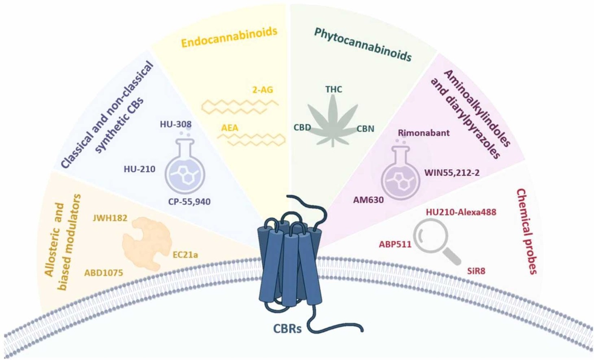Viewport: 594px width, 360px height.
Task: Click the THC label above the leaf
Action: point(333,89)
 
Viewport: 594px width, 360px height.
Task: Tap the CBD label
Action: point(302,128)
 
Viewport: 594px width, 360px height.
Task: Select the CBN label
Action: point(365,129)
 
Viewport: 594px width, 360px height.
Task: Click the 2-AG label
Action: point(262,90)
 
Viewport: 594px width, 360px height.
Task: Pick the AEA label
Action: point(230,128)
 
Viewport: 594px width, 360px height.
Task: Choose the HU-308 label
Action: point(176,124)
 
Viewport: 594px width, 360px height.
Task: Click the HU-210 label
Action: point(139,169)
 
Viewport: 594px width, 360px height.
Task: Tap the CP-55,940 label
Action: point(189,202)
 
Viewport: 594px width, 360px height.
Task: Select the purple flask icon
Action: point(401,175)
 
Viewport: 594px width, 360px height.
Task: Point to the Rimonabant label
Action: point(424,133)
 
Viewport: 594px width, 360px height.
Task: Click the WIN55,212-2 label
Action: point(452,173)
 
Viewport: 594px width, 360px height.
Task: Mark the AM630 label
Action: point(368,200)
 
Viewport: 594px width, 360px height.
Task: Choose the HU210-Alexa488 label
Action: point(461,212)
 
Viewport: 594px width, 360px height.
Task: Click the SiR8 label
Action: point(476,271)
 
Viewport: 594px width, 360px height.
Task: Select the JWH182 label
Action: point(110,218)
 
